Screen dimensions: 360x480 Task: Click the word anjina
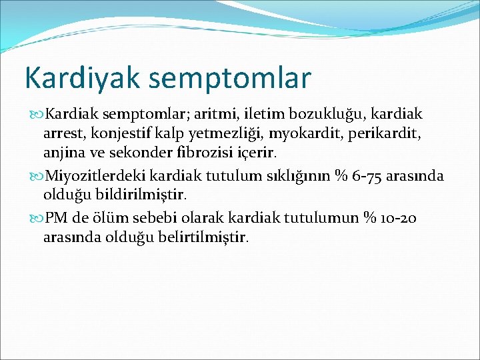tap(64, 154)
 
